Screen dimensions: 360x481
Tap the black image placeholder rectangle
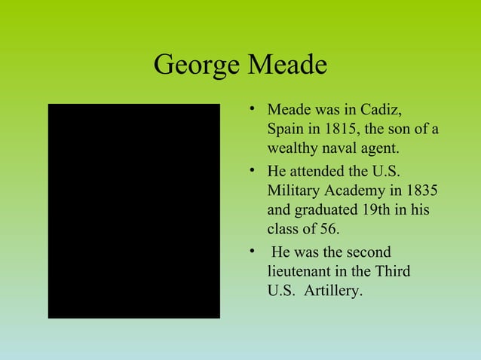(134, 211)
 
